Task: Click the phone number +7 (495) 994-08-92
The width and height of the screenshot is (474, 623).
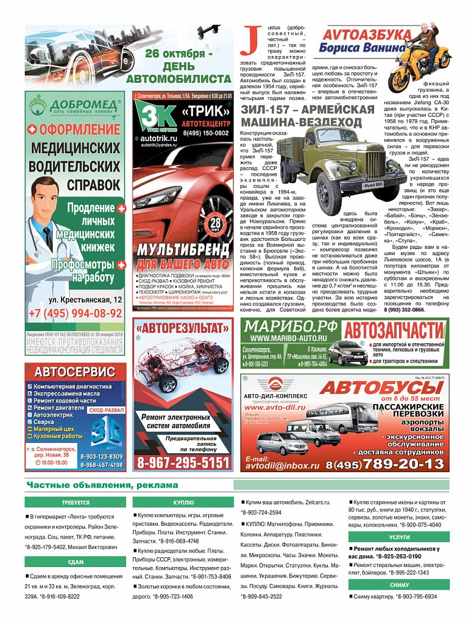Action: (76, 314)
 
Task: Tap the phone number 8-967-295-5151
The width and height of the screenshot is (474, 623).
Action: (182, 463)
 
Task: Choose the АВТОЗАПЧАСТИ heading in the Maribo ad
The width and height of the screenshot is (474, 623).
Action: (394, 330)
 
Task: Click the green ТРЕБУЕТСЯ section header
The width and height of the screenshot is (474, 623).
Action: (75, 503)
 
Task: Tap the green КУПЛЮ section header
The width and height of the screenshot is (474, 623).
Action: (183, 503)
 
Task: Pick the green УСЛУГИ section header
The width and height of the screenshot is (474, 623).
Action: (399, 538)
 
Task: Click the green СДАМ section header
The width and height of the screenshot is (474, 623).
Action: (75, 562)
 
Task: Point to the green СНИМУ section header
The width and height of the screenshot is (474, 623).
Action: (399, 585)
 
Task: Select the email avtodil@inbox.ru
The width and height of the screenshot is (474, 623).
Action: (282, 465)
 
